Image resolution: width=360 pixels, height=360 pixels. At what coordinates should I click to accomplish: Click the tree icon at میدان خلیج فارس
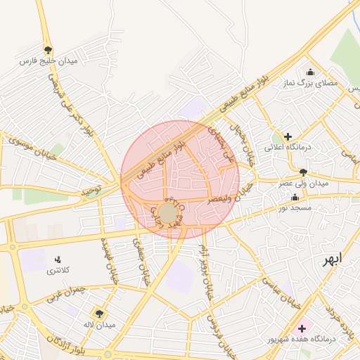(x=48, y=50)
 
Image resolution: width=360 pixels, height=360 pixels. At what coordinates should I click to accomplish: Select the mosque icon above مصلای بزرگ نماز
(x=311, y=72)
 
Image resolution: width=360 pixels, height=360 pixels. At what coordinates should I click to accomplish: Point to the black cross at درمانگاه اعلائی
(x=288, y=136)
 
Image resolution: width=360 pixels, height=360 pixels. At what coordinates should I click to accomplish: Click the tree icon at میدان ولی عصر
(x=303, y=172)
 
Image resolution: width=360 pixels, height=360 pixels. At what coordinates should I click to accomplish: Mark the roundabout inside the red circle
(x=167, y=212)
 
